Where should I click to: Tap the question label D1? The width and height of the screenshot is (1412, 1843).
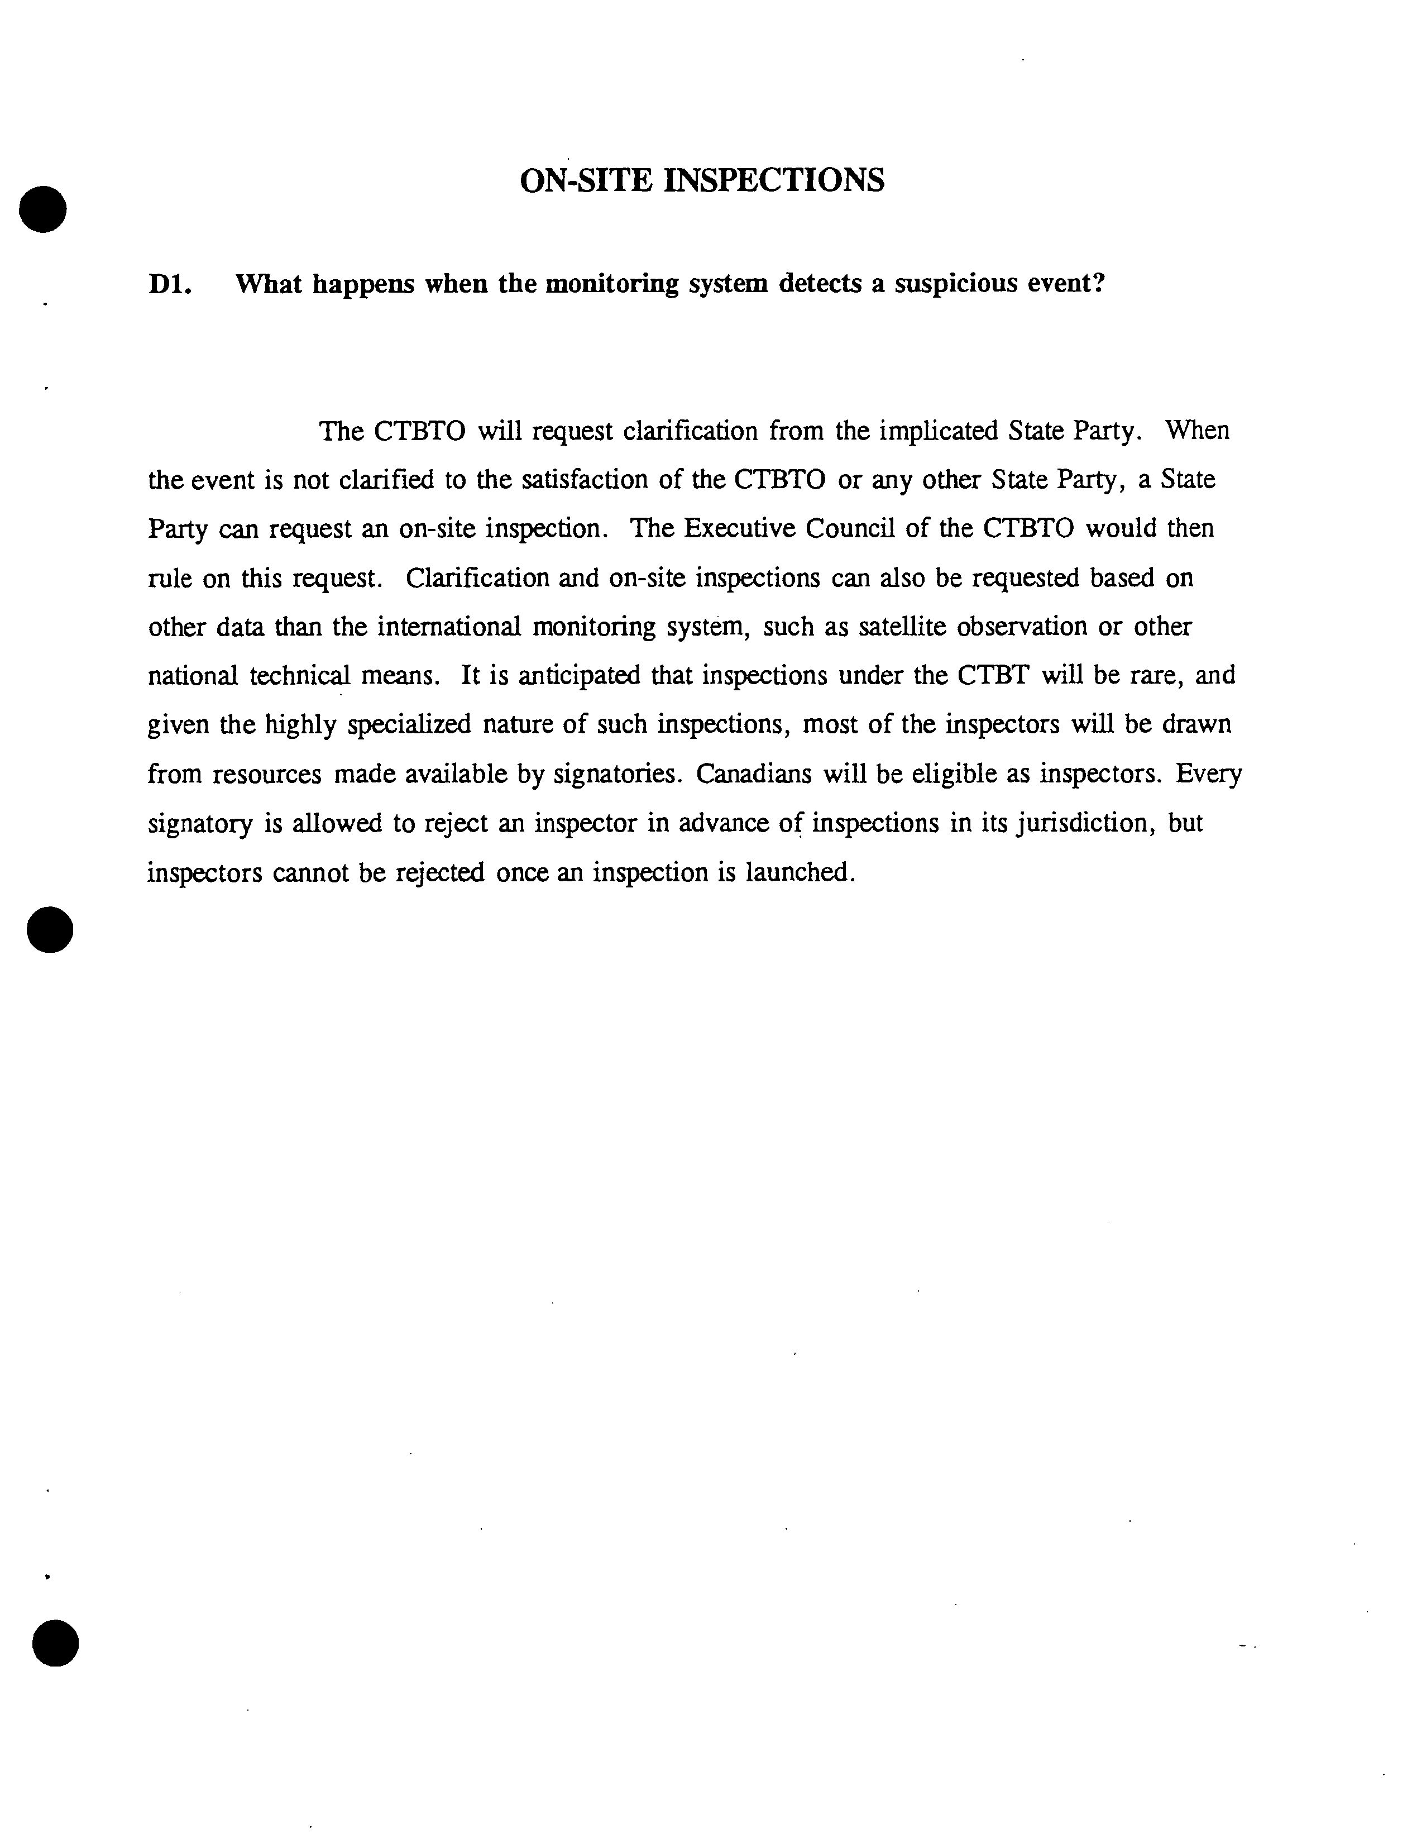click(x=171, y=285)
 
